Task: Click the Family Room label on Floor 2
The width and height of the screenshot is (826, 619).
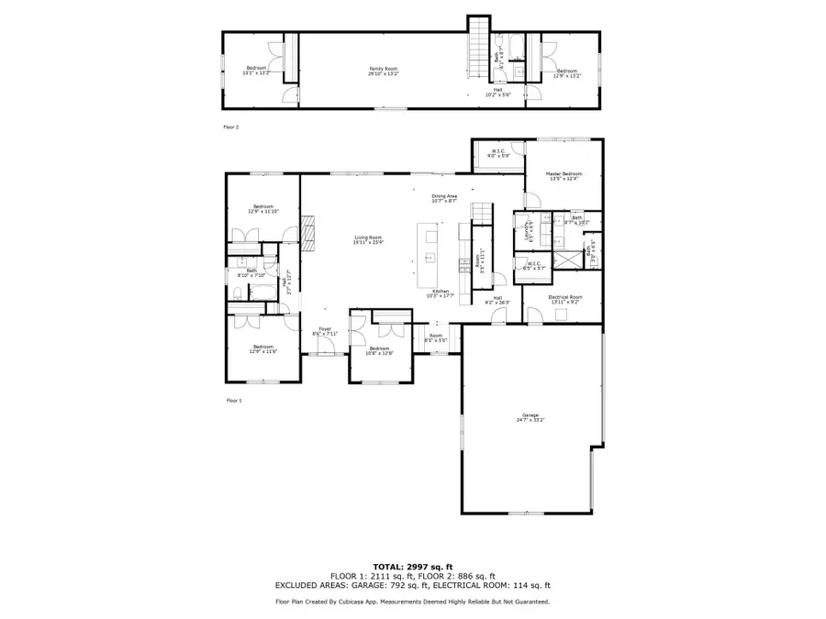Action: (x=383, y=70)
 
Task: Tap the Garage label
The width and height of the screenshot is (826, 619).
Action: (x=530, y=417)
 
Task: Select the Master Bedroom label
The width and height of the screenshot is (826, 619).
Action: (x=564, y=175)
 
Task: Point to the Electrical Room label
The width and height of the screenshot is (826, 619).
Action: (x=564, y=299)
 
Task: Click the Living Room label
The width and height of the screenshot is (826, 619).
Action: (x=368, y=240)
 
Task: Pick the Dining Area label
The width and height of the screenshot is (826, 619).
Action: (x=444, y=198)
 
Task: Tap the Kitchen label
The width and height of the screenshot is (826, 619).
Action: (x=441, y=293)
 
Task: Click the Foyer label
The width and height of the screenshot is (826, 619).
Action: (x=325, y=331)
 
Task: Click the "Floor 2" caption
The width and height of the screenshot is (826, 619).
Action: (x=231, y=127)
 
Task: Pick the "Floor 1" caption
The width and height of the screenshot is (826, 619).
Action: (x=234, y=401)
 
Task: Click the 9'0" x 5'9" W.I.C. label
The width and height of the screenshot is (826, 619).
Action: (x=498, y=153)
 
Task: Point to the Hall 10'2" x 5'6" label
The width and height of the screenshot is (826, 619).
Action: (x=498, y=92)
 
